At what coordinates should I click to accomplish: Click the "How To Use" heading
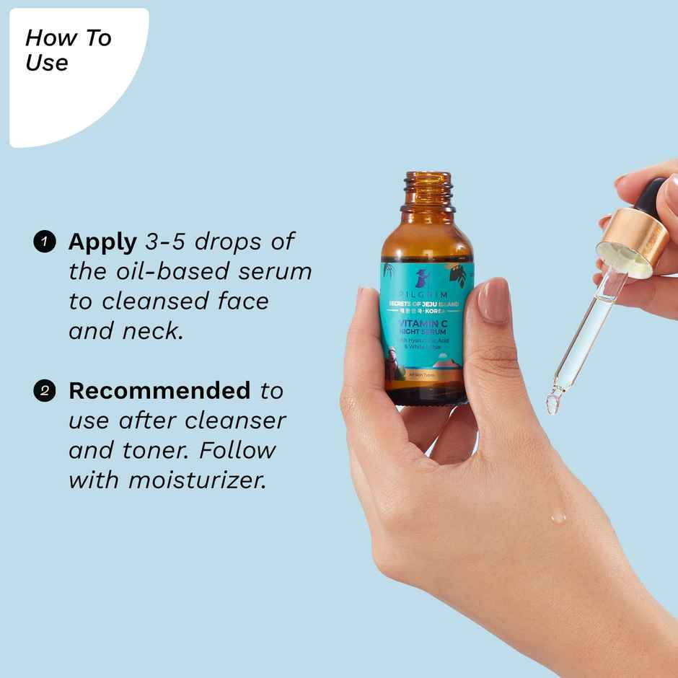click(x=68, y=50)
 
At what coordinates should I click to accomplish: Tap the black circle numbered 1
click(x=45, y=242)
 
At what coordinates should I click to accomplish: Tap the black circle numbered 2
click(x=45, y=392)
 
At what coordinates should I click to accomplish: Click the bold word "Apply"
click(x=102, y=242)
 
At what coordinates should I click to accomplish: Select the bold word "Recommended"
click(x=159, y=391)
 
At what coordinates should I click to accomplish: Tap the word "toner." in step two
click(x=158, y=450)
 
